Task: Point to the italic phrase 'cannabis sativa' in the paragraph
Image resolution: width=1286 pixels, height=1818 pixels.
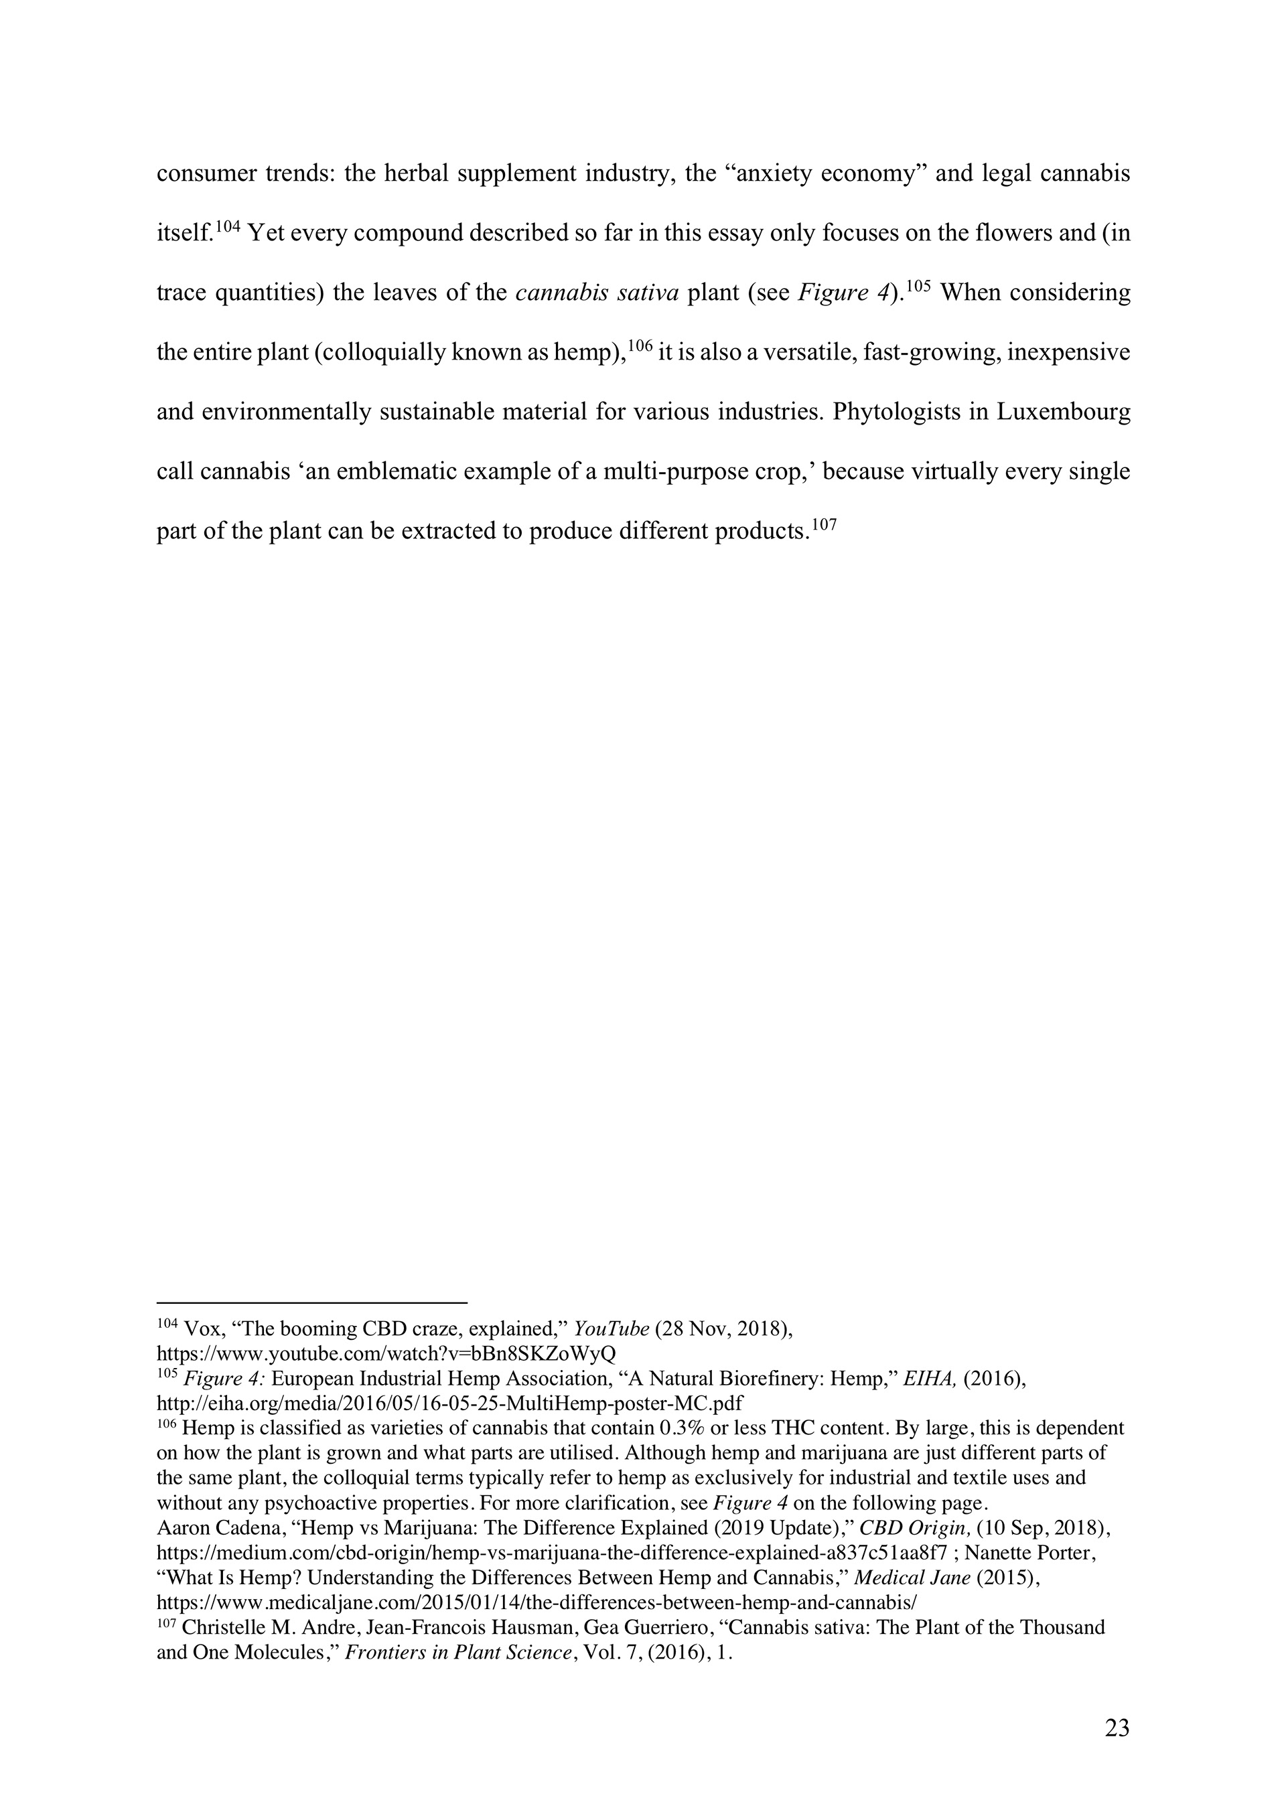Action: (x=597, y=293)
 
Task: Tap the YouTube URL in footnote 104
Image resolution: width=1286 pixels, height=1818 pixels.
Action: (x=386, y=1352)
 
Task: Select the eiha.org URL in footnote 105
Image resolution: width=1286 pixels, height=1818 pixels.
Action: (x=450, y=1402)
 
